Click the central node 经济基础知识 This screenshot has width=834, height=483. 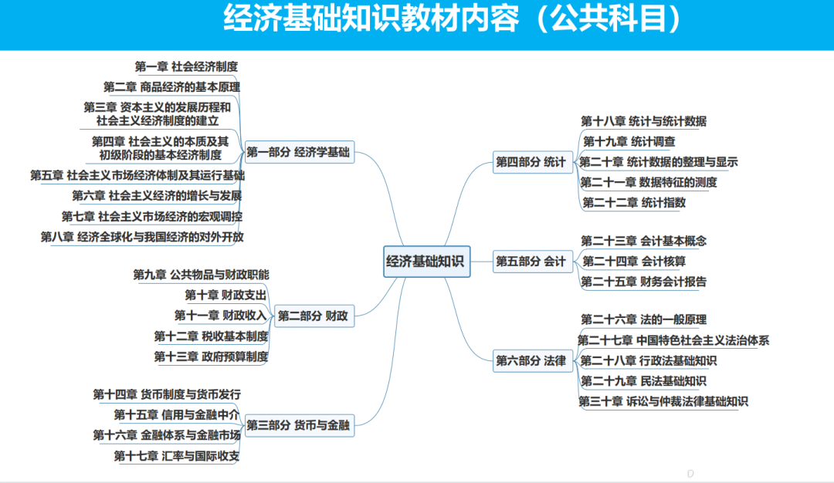click(x=425, y=261)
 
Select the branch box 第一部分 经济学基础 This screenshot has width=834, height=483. click(x=298, y=153)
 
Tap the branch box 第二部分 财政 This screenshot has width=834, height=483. click(x=313, y=316)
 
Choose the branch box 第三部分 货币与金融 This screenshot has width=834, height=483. click(x=298, y=424)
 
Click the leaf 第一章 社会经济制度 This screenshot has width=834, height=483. click(x=186, y=66)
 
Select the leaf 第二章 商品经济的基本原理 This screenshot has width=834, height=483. click(x=171, y=86)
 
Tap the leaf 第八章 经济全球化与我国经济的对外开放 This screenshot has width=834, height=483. click(x=142, y=237)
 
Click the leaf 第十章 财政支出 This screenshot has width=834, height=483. click(x=225, y=295)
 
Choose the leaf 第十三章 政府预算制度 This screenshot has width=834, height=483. click(x=211, y=356)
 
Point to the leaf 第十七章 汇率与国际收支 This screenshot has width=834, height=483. click(x=177, y=456)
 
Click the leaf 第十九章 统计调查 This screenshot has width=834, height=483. click(x=629, y=141)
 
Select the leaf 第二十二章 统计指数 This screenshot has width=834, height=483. click(x=634, y=203)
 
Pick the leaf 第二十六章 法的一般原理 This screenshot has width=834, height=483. click(x=643, y=319)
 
